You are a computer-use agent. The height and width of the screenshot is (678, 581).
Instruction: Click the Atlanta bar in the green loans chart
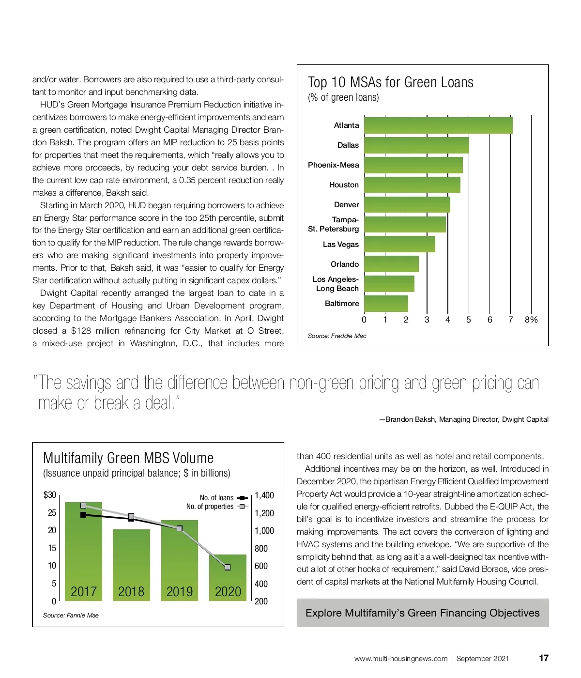click(438, 125)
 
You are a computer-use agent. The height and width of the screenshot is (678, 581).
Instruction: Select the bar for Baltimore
click(386, 304)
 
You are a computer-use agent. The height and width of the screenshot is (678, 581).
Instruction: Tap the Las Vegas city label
click(341, 245)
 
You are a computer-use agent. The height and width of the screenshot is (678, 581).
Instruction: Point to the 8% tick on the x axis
click(531, 320)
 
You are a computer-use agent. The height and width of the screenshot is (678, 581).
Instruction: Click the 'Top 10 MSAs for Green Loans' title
click(390, 82)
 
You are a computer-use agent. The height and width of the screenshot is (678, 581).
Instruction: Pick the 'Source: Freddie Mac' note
click(337, 336)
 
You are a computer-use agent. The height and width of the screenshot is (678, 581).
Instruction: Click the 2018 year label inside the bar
click(131, 592)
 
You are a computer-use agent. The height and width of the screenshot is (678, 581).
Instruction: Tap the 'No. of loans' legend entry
click(217, 498)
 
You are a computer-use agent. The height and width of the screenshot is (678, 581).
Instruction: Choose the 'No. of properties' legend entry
click(210, 507)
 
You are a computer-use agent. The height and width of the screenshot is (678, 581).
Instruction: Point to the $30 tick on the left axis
click(50, 495)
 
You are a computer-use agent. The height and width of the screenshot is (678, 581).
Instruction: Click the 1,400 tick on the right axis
click(264, 495)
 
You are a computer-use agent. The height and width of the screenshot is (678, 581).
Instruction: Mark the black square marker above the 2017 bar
click(83, 515)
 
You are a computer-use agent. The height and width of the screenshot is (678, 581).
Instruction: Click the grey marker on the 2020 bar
click(228, 567)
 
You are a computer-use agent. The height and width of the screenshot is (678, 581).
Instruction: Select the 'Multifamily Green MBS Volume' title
click(128, 458)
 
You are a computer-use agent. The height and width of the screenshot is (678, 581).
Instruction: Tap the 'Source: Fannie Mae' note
click(71, 616)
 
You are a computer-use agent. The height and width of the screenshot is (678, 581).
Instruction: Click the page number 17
click(544, 658)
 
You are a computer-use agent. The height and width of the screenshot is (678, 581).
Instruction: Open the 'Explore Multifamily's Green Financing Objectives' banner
click(422, 613)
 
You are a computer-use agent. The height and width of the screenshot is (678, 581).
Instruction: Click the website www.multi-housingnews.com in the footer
click(400, 659)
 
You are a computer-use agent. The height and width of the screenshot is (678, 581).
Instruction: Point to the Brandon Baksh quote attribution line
click(464, 419)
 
